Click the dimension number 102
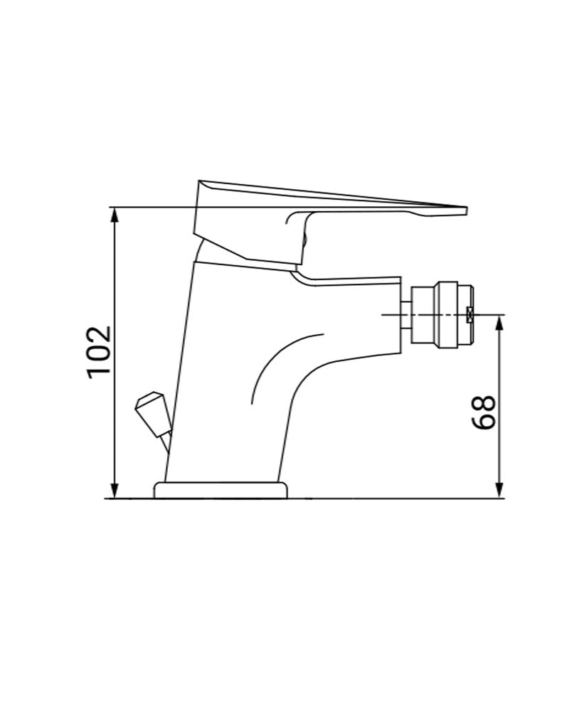pos(99,353)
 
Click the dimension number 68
pos(484,412)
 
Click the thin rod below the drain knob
pos(166,444)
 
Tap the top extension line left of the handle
pos(153,207)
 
